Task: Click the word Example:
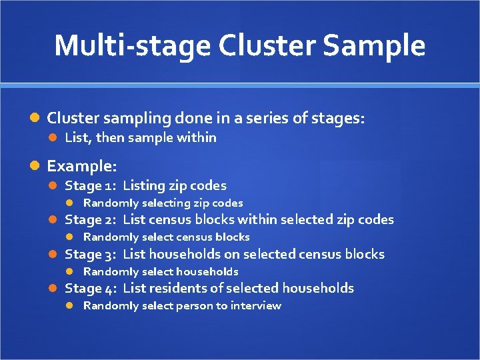[82, 165]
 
